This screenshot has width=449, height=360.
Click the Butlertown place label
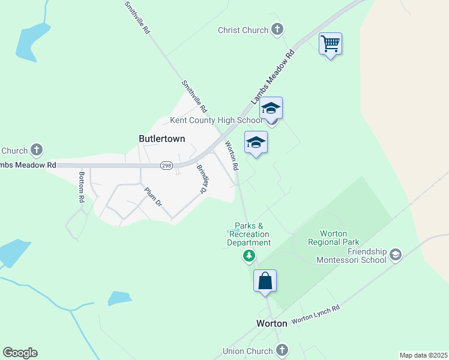(x=161, y=139)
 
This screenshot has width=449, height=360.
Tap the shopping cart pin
(x=330, y=44)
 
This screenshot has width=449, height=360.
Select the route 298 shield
(x=166, y=165)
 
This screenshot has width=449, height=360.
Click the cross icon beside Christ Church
(x=277, y=29)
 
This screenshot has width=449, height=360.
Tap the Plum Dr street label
(x=153, y=196)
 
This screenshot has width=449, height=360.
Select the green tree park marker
(x=249, y=257)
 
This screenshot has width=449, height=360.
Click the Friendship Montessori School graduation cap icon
(x=395, y=255)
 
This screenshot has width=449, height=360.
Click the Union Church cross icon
(x=282, y=350)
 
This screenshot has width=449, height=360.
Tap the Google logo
(x=20, y=353)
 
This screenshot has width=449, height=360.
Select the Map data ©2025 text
(x=424, y=355)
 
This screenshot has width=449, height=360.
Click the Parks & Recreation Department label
(x=249, y=234)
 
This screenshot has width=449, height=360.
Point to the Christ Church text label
(x=243, y=30)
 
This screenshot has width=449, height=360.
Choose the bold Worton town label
(x=271, y=323)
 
